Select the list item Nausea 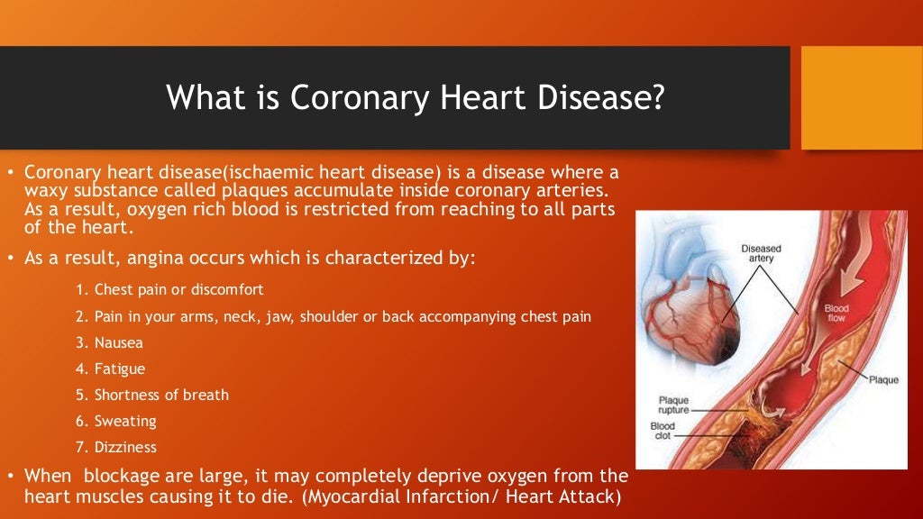pyautogui.click(x=119, y=342)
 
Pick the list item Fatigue pyautogui.click(x=120, y=369)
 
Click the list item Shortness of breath pyautogui.click(x=161, y=395)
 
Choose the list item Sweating pyautogui.click(x=125, y=421)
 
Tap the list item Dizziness pyautogui.click(x=125, y=447)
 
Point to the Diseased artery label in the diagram pyautogui.click(x=761, y=254)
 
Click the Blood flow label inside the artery pyautogui.click(x=836, y=314)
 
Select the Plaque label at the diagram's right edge pyautogui.click(x=882, y=379)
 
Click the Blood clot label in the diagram pyautogui.click(x=663, y=432)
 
